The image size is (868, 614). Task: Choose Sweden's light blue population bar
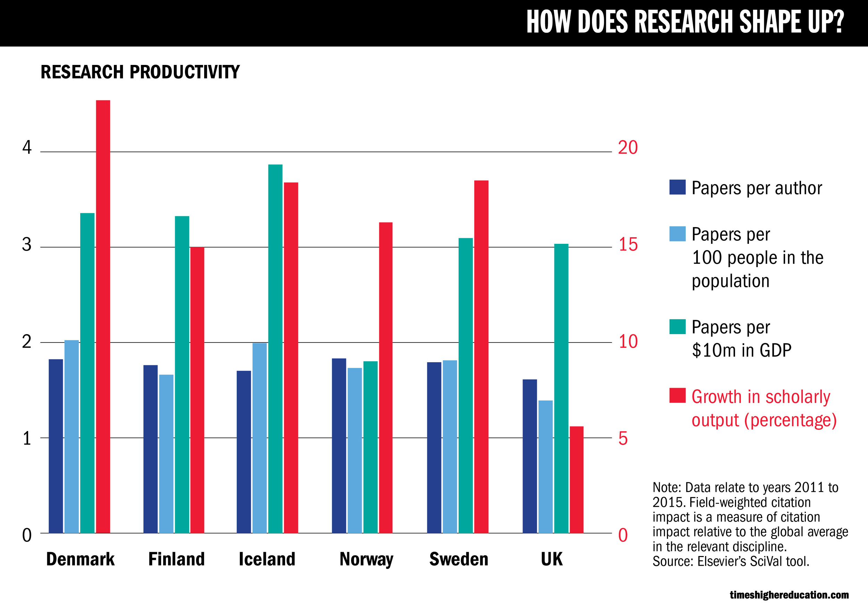click(x=450, y=447)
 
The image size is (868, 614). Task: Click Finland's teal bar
click(x=182, y=374)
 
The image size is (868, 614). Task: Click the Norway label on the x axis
click(x=366, y=559)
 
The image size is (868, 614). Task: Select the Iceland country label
click(x=267, y=559)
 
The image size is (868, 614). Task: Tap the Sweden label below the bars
click(x=459, y=559)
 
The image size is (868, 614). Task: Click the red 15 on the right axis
click(x=627, y=244)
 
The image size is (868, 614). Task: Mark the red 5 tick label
click(x=623, y=439)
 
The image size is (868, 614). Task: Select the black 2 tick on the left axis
click(x=26, y=342)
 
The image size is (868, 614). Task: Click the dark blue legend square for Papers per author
click(x=677, y=187)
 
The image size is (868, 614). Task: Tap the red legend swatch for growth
click(x=677, y=396)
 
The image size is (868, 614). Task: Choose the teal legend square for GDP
click(x=677, y=327)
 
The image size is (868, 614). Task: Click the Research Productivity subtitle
click(x=140, y=72)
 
